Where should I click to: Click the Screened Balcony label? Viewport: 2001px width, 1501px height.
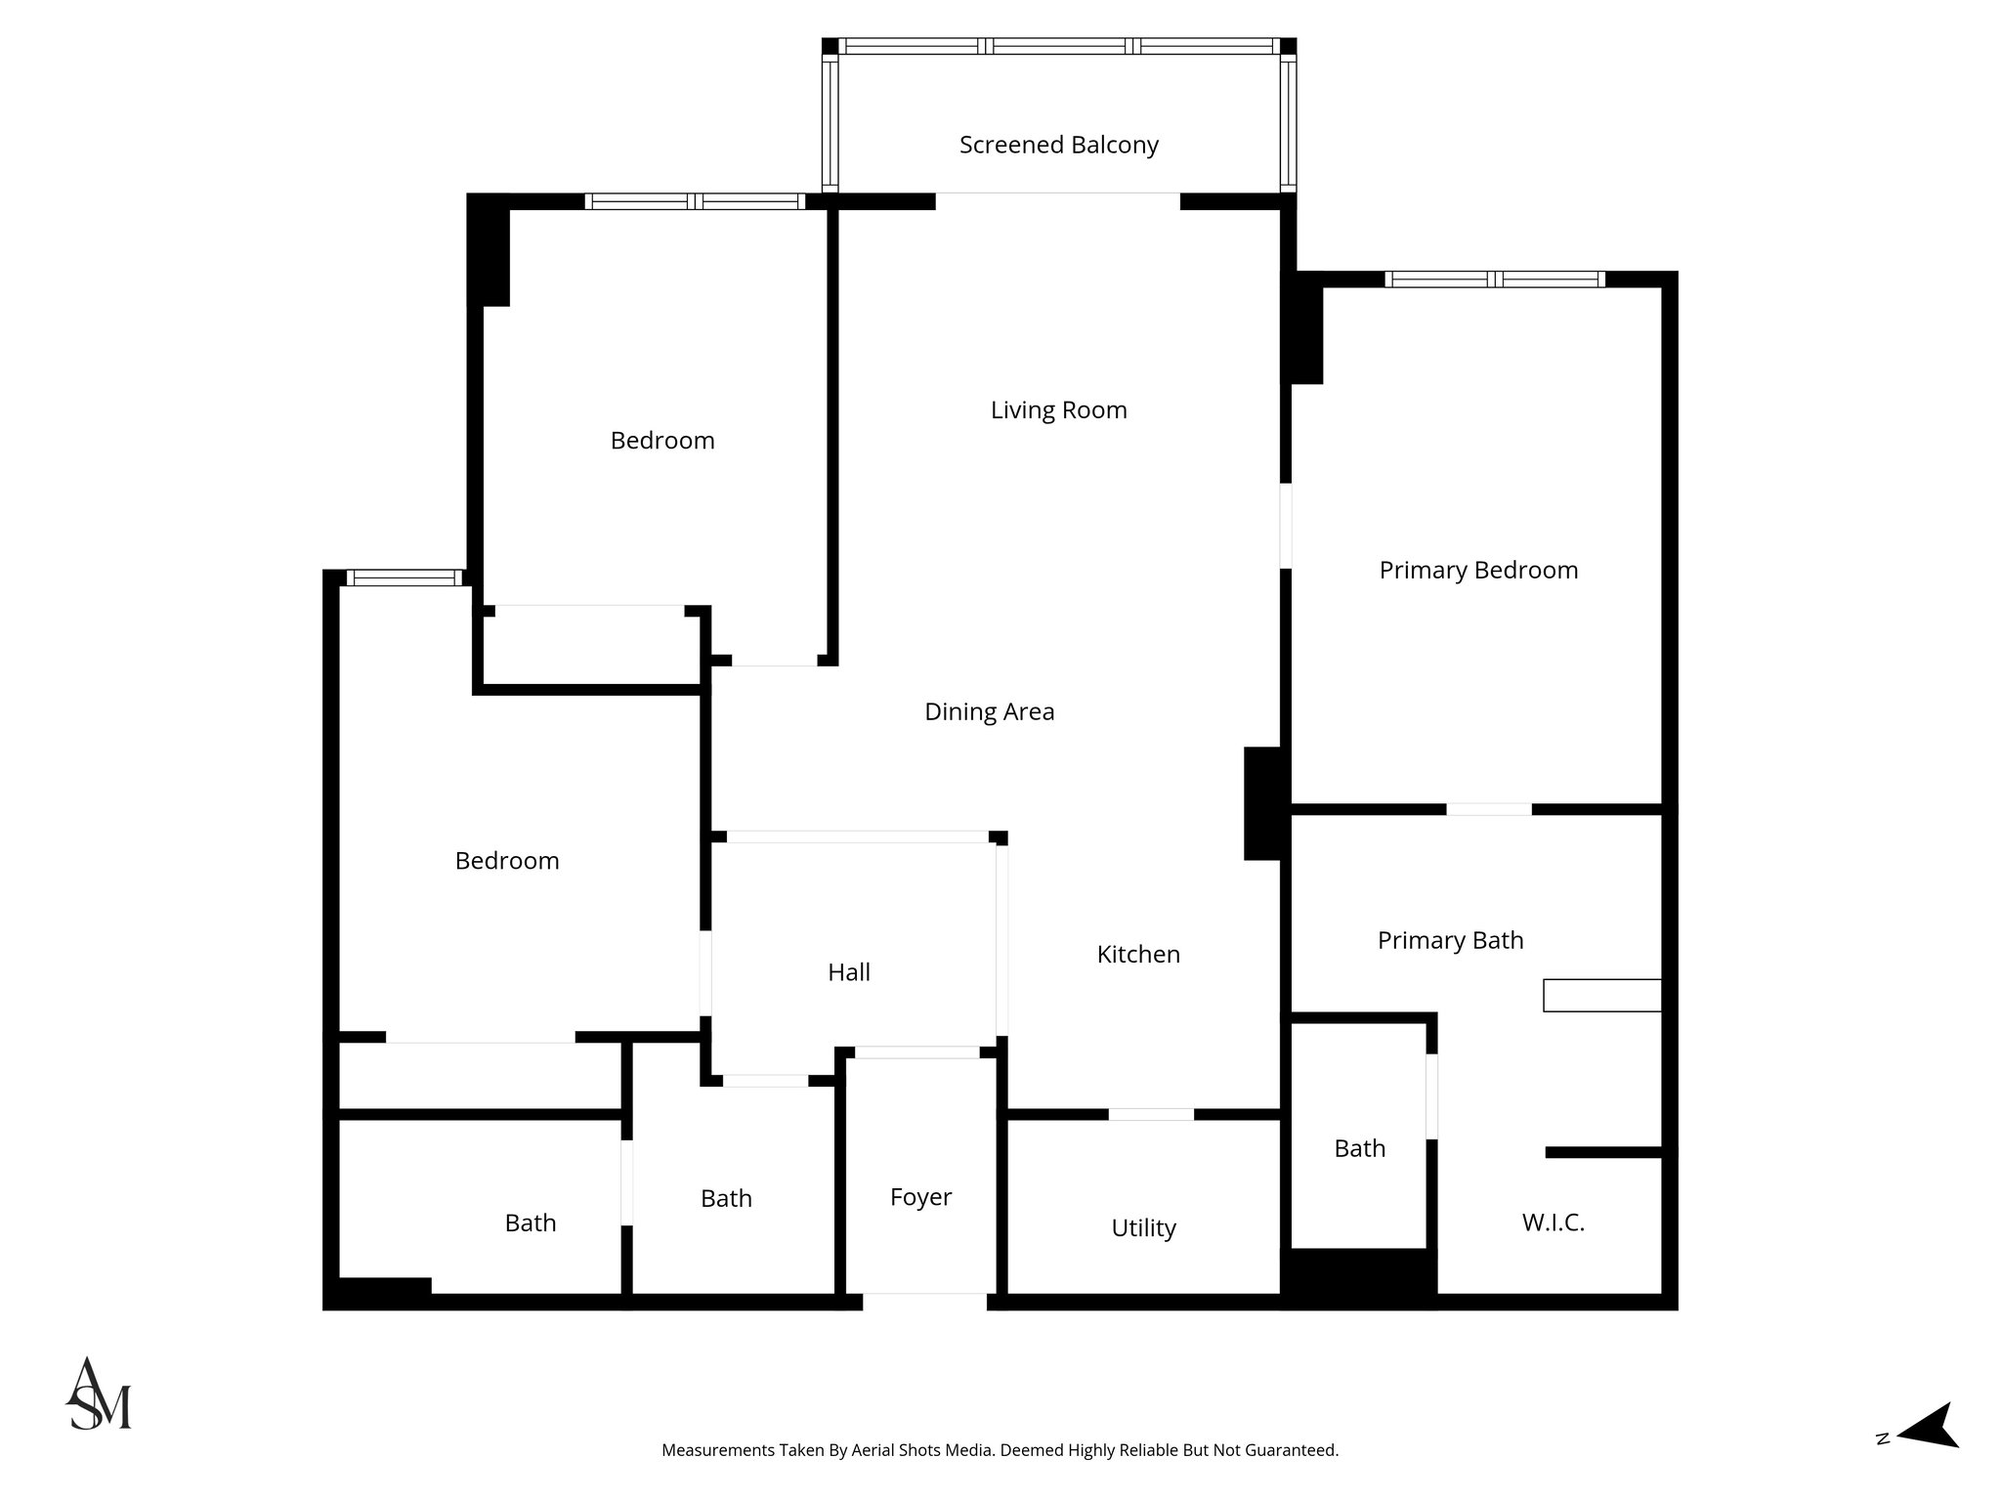click(1058, 145)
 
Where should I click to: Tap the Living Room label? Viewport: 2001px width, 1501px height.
click(1058, 409)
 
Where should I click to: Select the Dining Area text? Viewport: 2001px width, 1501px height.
click(989, 711)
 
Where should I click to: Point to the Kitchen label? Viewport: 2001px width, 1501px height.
click(1138, 954)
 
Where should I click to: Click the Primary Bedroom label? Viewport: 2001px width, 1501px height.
click(1478, 570)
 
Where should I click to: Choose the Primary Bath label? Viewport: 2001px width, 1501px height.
click(1450, 940)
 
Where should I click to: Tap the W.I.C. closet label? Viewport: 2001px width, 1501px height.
click(1553, 1222)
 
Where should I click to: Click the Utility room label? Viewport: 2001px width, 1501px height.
click(1143, 1227)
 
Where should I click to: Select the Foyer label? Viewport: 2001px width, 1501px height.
click(920, 1197)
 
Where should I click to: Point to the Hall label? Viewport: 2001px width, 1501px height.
click(848, 972)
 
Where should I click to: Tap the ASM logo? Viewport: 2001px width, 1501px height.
click(98, 1394)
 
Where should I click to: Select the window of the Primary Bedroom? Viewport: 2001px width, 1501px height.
click(1495, 279)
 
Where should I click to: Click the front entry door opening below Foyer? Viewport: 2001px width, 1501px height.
click(924, 1302)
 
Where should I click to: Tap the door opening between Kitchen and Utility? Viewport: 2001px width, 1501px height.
click(1151, 1114)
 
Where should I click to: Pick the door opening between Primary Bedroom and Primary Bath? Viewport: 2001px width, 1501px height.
click(1488, 809)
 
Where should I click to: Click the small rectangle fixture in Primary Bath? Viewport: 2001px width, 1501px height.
click(1601, 995)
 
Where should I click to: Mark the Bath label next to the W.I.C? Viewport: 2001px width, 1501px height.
click(1359, 1148)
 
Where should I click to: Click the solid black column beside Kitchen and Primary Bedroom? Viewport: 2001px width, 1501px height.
click(1262, 803)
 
